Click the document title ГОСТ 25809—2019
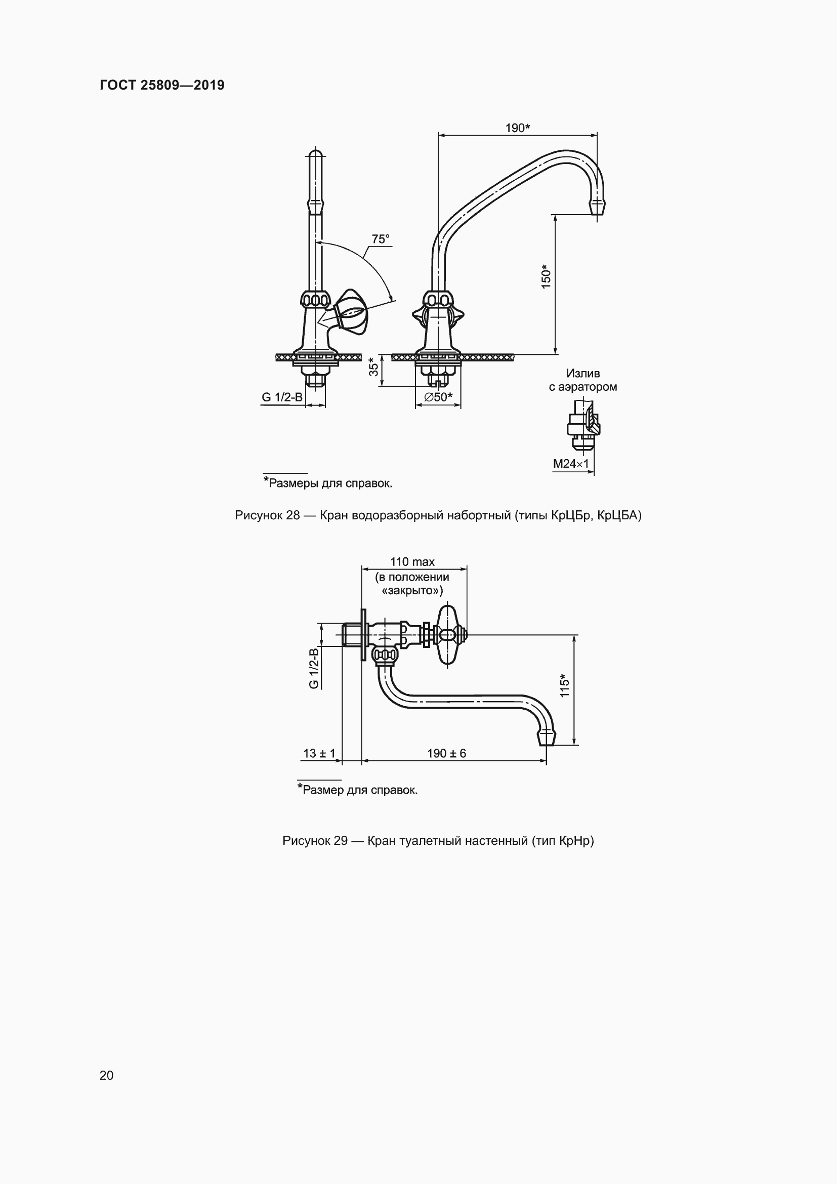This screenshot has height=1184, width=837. pyautogui.click(x=162, y=85)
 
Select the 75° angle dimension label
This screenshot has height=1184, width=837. pyautogui.click(x=381, y=239)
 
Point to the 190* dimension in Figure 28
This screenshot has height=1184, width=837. pyautogui.click(x=518, y=128)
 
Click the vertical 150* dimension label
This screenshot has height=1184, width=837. pyautogui.click(x=547, y=276)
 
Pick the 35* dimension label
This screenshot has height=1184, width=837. pyautogui.click(x=373, y=366)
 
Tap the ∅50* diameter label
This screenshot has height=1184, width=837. pyautogui.click(x=438, y=397)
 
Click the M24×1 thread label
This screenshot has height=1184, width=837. pyautogui.click(x=570, y=464)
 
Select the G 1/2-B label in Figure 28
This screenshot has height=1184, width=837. pyautogui.click(x=282, y=397)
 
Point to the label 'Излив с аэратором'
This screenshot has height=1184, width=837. pyautogui.click(x=583, y=380)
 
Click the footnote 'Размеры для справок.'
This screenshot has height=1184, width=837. pyautogui.click(x=328, y=483)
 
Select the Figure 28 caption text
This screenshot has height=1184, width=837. pyautogui.click(x=438, y=515)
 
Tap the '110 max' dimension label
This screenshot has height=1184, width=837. pyautogui.click(x=412, y=561)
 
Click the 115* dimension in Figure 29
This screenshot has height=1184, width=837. pyautogui.click(x=564, y=686)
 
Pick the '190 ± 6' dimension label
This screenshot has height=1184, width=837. pyautogui.click(x=446, y=753)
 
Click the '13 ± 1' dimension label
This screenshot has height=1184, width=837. pyautogui.click(x=319, y=753)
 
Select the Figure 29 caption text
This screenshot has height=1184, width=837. pyautogui.click(x=438, y=841)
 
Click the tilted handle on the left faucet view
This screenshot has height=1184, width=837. pyautogui.click(x=351, y=311)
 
